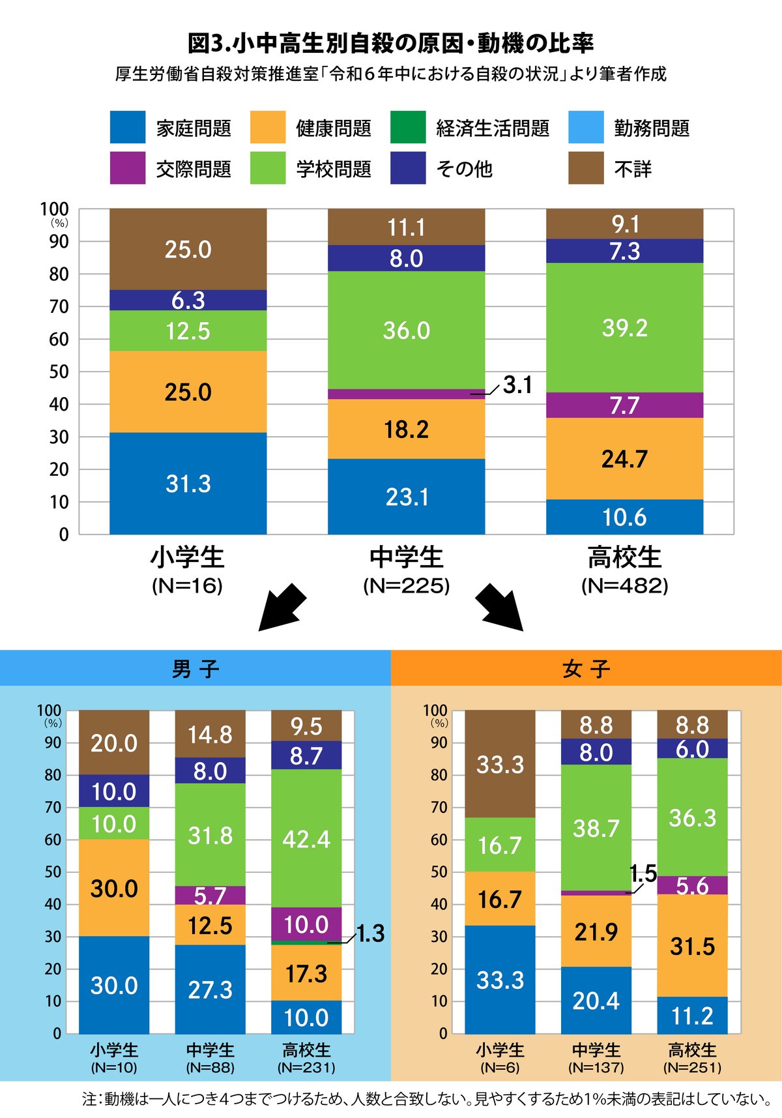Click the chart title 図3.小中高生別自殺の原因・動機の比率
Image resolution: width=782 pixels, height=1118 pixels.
pyautogui.click(x=391, y=43)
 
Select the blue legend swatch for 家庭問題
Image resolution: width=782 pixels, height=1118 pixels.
pyautogui.click(x=128, y=127)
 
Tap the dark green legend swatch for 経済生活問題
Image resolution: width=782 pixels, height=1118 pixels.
pyautogui.click(x=408, y=127)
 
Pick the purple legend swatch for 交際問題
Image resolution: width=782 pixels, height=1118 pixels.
pyautogui.click(x=128, y=168)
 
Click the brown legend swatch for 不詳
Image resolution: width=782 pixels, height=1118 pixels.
pyautogui.click(x=586, y=168)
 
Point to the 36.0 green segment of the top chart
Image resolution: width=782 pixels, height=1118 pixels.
pyautogui.click(x=406, y=330)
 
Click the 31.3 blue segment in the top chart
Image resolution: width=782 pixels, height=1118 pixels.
pyautogui.click(x=188, y=483)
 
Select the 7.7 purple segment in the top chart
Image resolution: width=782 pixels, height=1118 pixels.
pyautogui.click(x=624, y=405)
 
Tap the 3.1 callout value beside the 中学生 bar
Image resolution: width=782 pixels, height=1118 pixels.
pyautogui.click(x=517, y=385)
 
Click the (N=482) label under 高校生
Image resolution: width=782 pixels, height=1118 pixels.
pyautogui.click(x=624, y=585)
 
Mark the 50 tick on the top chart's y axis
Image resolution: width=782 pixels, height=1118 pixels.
pyautogui.click(x=59, y=372)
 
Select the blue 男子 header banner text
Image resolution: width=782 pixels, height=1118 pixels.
pyautogui.click(x=195, y=669)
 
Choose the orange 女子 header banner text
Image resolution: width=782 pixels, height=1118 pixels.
pyautogui.click(x=586, y=669)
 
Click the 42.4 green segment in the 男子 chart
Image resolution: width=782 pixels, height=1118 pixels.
pyautogui.click(x=306, y=838)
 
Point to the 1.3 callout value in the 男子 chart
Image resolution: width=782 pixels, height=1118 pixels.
pyautogui.click(x=370, y=934)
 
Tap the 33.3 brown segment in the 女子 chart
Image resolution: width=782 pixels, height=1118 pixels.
pyautogui.click(x=500, y=764)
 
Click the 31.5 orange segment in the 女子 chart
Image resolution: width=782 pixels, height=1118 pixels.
pyautogui.click(x=692, y=946)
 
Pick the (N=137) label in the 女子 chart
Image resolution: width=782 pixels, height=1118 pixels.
pyautogui.click(x=596, y=1067)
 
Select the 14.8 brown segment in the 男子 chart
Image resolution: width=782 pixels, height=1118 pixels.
pyautogui.click(x=210, y=735)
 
